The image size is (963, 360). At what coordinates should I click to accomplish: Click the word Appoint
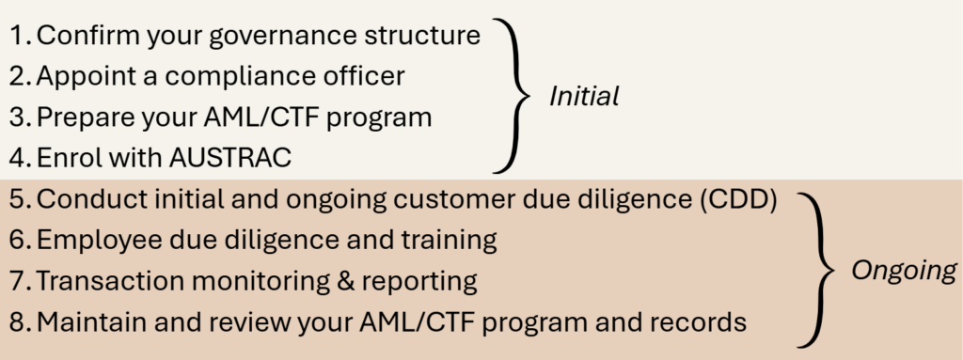tap(86, 77)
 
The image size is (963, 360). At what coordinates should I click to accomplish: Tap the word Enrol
tap(67, 158)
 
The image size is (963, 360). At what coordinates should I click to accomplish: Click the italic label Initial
tap(583, 97)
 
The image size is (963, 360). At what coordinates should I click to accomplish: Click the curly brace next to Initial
tap(511, 97)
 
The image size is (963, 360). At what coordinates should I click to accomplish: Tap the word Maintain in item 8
tap(91, 321)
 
